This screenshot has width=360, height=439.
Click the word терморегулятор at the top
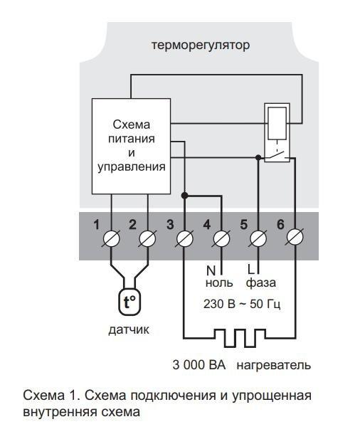coord(201,46)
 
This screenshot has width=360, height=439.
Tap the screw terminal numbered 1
coord(112,238)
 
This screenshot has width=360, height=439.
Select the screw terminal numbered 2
coord(148,238)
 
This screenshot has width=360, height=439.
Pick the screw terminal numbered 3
coord(184,238)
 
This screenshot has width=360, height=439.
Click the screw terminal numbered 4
coord(221,238)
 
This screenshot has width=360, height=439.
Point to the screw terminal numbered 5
coord(258,238)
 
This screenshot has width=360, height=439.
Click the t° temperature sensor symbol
coord(129,302)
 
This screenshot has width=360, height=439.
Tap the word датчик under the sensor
coord(129,330)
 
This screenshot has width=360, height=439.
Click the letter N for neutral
coord(211,271)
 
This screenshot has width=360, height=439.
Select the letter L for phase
coord(251,270)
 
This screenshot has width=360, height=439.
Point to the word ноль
coord(219,282)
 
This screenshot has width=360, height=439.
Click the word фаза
coord(261,282)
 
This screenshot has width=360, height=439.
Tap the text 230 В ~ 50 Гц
coord(242,304)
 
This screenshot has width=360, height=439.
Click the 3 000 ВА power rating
coord(198,365)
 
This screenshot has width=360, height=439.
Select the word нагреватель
coord(274,366)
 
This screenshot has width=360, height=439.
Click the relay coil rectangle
coord(277,123)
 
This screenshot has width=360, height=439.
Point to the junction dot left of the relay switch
coord(258,158)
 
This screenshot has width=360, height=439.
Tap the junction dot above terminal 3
coord(184,196)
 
